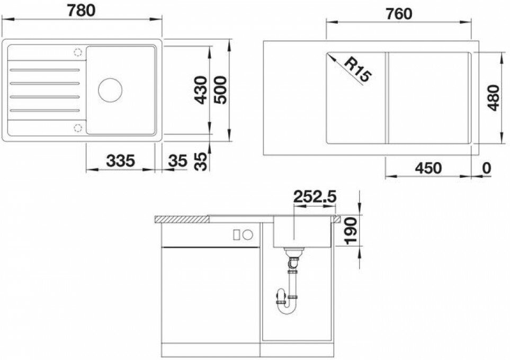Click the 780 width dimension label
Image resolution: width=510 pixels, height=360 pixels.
pyautogui.click(x=82, y=11)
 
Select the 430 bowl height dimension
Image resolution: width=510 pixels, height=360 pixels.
pyautogui.click(x=201, y=90)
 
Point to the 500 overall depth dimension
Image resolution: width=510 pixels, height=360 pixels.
pyautogui.click(x=220, y=90)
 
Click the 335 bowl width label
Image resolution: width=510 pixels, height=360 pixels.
pyautogui.click(x=121, y=160)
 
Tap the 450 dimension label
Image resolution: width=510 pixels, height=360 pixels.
pyautogui.click(x=428, y=168)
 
